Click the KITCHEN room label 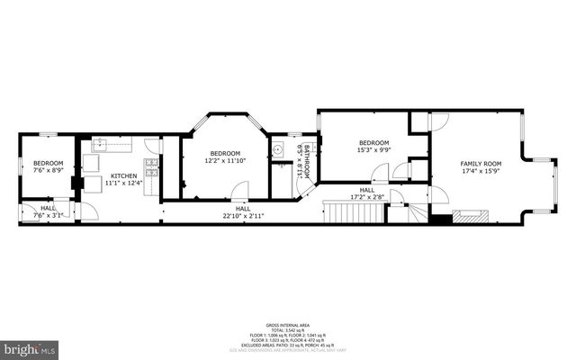click(x=124, y=175)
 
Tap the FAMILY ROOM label click(x=480, y=163)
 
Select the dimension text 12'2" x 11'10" click(x=225, y=161)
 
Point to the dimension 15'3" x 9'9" click(x=373, y=151)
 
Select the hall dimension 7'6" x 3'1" click(x=48, y=215)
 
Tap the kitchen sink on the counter click(x=102, y=143)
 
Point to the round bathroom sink click(x=278, y=150)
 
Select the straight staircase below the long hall click(x=346, y=213)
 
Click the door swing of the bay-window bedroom click(x=239, y=191)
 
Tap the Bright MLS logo click(x=30, y=346)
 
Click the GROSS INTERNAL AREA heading click(x=288, y=324)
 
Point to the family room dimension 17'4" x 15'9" click(x=480, y=170)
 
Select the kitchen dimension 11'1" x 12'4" click(x=124, y=183)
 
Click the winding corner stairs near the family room click(x=418, y=214)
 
